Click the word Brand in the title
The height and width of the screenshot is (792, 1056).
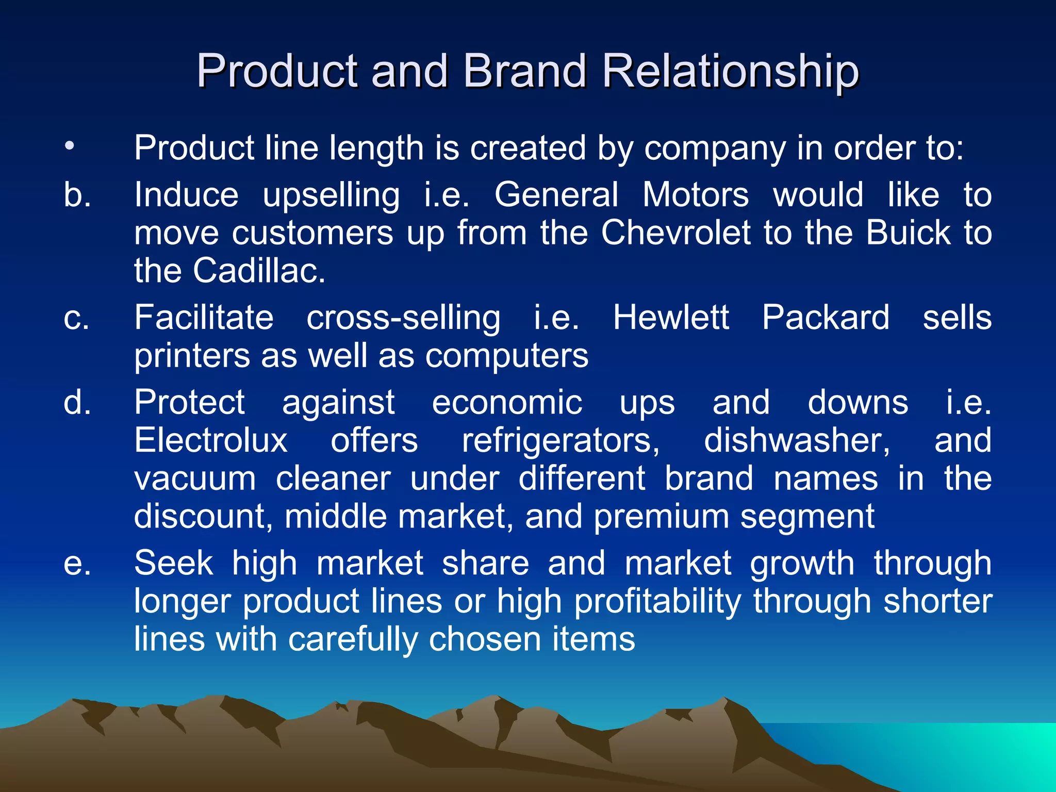(x=524, y=71)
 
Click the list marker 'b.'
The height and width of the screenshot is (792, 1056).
(x=77, y=195)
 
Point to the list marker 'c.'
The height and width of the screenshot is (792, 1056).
(x=76, y=318)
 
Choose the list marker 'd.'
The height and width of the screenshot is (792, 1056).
(x=77, y=402)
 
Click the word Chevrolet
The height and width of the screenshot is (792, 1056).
(x=675, y=233)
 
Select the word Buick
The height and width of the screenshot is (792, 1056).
(x=908, y=233)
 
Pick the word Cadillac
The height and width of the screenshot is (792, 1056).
(x=259, y=270)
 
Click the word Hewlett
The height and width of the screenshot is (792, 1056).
(x=671, y=317)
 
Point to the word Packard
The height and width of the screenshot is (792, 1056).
(x=826, y=317)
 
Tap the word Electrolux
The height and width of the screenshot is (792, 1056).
(x=211, y=440)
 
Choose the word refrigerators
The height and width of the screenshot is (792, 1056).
(x=560, y=441)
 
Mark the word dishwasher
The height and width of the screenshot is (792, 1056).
(x=797, y=441)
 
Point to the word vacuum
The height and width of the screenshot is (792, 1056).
(x=195, y=478)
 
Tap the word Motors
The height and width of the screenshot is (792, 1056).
(x=696, y=195)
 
